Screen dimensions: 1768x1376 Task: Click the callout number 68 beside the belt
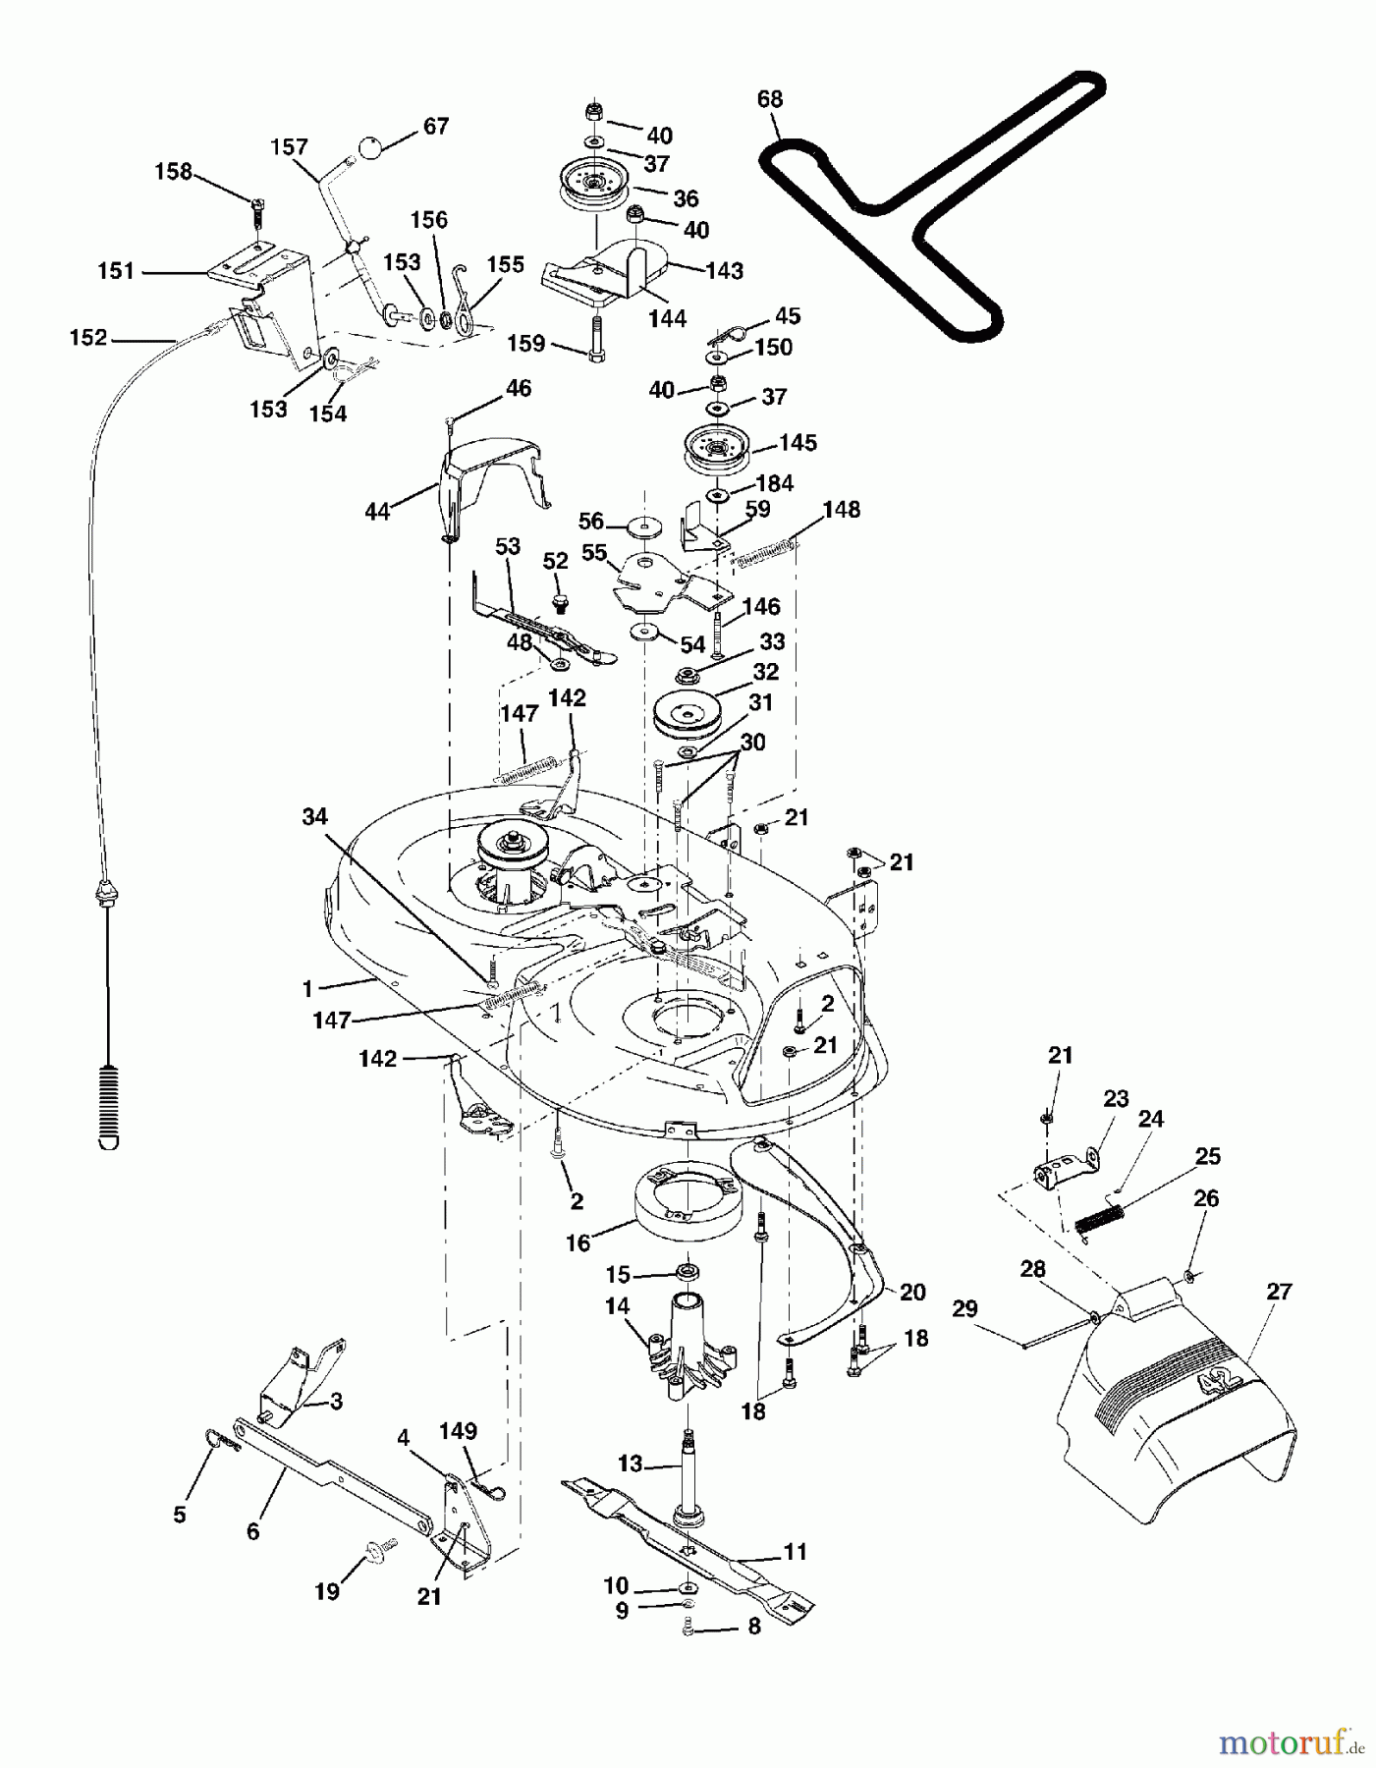coord(770,99)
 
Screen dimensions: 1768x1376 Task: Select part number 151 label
coord(116,271)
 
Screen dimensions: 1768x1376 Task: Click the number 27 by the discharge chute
coord(1279,1291)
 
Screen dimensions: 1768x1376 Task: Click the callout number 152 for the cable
coord(88,338)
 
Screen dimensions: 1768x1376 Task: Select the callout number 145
coord(798,443)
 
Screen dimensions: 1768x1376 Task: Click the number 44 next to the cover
coord(378,511)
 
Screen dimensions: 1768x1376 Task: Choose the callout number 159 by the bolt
coord(525,344)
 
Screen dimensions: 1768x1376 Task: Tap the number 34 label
coord(314,817)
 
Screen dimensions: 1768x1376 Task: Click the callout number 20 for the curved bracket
coord(912,1293)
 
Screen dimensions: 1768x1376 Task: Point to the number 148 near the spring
coord(842,510)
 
